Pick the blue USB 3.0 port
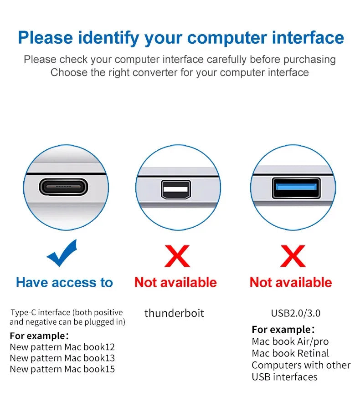click(x=292, y=188)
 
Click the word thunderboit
click(x=174, y=313)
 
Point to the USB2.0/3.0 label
click(x=295, y=313)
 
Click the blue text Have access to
click(x=64, y=283)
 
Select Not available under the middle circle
click(x=175, y=283)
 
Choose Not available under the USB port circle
click(x=291, y=283)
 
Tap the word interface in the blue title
click(x=308, y=37)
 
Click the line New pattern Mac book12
click(x=62, y=347)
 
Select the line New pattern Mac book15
click(x=62, y=369)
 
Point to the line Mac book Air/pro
click(x=290, y=341)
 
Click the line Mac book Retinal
click(x=290, y=353)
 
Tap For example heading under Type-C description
click(x=39, y=336)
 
